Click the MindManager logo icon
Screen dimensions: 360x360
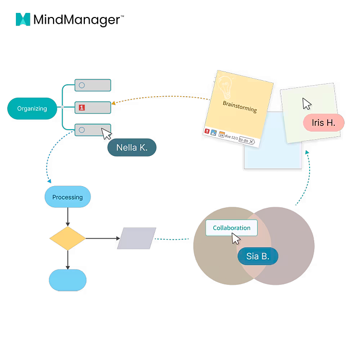[x=23, y=20]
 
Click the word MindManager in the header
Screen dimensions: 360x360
[x=77, y=20]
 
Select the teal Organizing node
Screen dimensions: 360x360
[x=32, y=109]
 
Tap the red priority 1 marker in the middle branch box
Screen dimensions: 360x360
[x=81, y=107]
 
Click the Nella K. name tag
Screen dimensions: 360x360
[x=131, y=148]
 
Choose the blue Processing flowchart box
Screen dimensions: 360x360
[x=67, y=197]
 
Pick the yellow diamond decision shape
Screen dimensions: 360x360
[x=67, y=239]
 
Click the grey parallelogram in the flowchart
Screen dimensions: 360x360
[x=136, y=239]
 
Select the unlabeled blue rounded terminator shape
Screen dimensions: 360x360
[x=67, y=280]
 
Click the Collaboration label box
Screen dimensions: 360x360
[x=231, y=228]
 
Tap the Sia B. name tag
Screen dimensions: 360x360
[x=258, y=256]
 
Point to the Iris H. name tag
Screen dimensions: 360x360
[x=323, y=123]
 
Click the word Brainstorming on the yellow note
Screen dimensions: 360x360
[x=240, y=106]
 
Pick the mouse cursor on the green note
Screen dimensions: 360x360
[x=307, y=103]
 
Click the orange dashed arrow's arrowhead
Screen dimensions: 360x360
[x=114, y=103]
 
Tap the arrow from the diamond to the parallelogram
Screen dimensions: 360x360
[x=103, y=239]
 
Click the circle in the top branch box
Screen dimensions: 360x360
[x=81, y=85]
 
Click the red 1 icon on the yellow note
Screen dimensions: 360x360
[x=207, y=132]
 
